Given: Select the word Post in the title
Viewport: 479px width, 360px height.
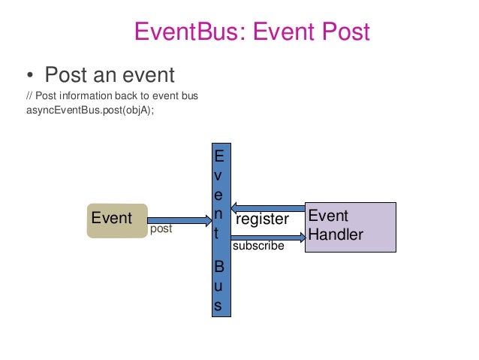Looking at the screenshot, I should [x=343, y=32].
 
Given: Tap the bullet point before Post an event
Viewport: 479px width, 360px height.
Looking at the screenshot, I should [x=29, y=76].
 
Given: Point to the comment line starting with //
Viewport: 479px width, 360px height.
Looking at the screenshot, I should [x=112, y=96].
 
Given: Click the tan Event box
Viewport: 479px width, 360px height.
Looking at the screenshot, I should [x=116, y=219].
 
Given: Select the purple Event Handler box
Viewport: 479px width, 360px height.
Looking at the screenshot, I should [x=351, y=226].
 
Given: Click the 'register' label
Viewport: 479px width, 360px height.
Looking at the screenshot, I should [x=262, y=219].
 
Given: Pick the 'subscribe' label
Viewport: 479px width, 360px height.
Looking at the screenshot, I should [x=258, y=245].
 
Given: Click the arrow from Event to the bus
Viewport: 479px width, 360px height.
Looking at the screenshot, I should [x=180, y=219].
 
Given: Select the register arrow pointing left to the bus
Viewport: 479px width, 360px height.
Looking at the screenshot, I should [x=268, y=207].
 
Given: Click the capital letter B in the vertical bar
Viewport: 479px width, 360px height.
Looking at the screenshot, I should [x=218, y=267].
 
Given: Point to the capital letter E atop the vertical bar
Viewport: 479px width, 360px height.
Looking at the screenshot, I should [x=218, y=156].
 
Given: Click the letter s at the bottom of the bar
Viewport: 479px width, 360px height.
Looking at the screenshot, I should [x=218, y=306].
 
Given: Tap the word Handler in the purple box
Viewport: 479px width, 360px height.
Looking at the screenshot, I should [x=336, y=235].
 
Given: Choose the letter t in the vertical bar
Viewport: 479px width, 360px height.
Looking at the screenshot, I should [x=218, y=234].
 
